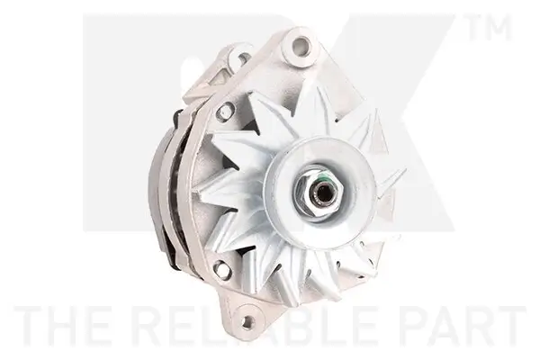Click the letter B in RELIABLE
[299, 326]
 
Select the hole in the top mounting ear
[298, 45]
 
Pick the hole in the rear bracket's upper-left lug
[242, 60]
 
